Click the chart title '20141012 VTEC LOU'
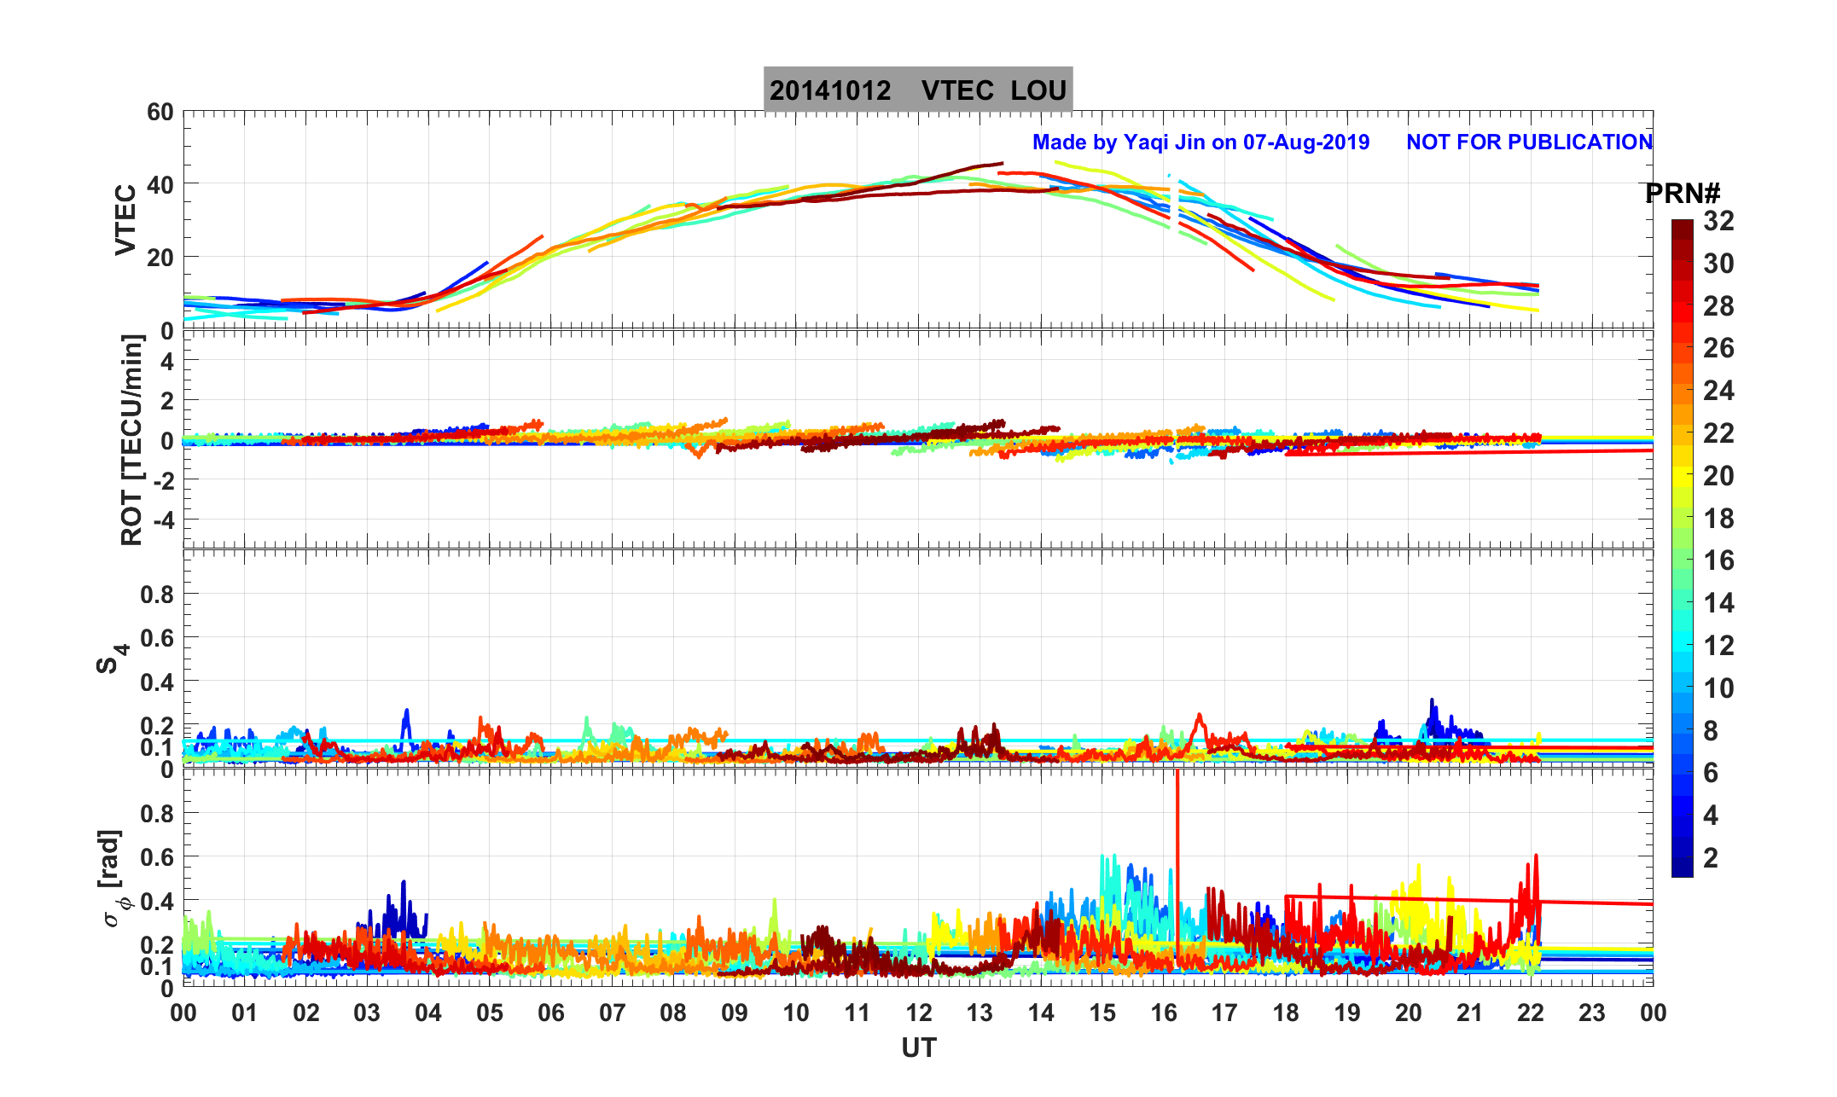pos(917,90)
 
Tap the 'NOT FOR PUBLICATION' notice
pos(1529,142)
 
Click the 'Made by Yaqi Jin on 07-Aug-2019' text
pos(1200,142)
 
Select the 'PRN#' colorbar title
pos(1682,194)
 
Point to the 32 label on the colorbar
pos(1719,222)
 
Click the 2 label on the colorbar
pos(1711,858)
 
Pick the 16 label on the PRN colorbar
pos(1719,561)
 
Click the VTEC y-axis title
pos(125,219)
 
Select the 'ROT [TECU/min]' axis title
pos(132,440)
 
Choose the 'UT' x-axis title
pos(919,1048)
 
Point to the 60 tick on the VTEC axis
pos(160,113)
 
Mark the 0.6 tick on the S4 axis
pos(157,638)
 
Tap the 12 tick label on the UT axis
pos(919,1013)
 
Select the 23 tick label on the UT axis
pos(1592,1013)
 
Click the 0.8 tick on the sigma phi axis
pos(157,814)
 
